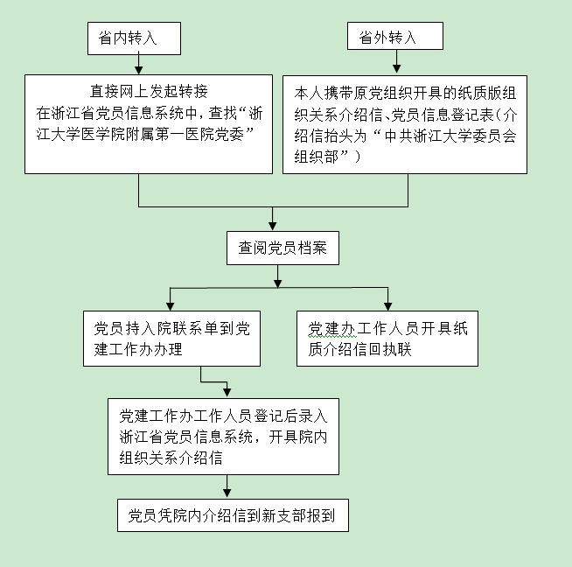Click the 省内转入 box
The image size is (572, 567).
pos(134,38)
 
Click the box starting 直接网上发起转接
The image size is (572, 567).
pos(149,122)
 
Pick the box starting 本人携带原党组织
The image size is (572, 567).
pos(405,122)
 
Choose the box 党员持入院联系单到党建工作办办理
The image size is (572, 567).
pos(171,338)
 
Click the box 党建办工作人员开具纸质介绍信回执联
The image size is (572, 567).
pos(387,338)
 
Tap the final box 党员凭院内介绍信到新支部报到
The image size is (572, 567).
pos(233,514)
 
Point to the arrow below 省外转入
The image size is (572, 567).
pos(396,62)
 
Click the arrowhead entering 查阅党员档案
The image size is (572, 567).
pos(274,223)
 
